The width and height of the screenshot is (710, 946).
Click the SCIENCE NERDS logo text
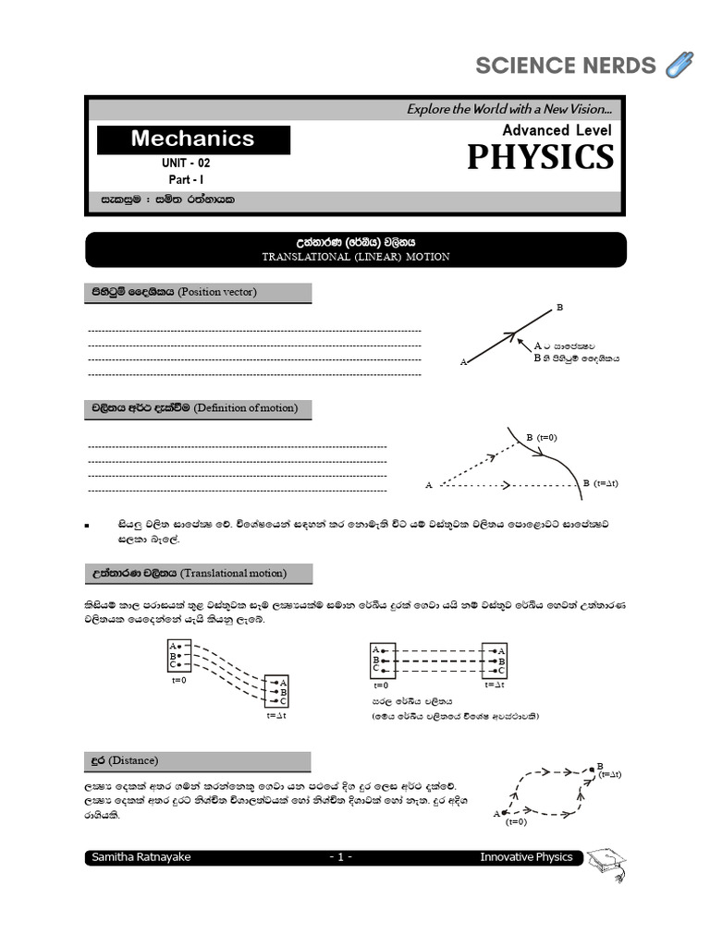pos(565,66)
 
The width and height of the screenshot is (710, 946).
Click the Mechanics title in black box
pos(192,139)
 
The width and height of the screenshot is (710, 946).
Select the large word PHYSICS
pos(540,158)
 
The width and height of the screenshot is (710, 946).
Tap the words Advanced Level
pos(557,130)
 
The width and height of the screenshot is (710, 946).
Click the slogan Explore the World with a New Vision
pos(509,109)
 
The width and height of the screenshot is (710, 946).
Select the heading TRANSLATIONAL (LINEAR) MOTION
pos(356,257)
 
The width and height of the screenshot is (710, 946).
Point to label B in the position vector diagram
pos(559,307)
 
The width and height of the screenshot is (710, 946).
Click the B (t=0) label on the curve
pos(541,437)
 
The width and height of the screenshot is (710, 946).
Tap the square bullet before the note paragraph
pos(87,525)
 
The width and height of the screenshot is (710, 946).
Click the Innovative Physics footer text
pos(526,857)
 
